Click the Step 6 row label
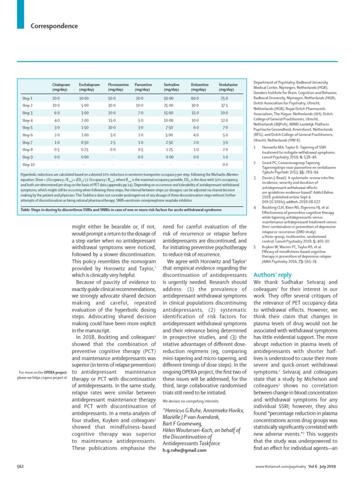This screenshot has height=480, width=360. (x=28, y=135)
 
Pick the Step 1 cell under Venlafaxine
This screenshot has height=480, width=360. (x=225, y=98)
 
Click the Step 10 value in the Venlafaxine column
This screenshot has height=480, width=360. (x=225, y=165)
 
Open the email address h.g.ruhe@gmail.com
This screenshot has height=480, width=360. (x=184, y=450)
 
